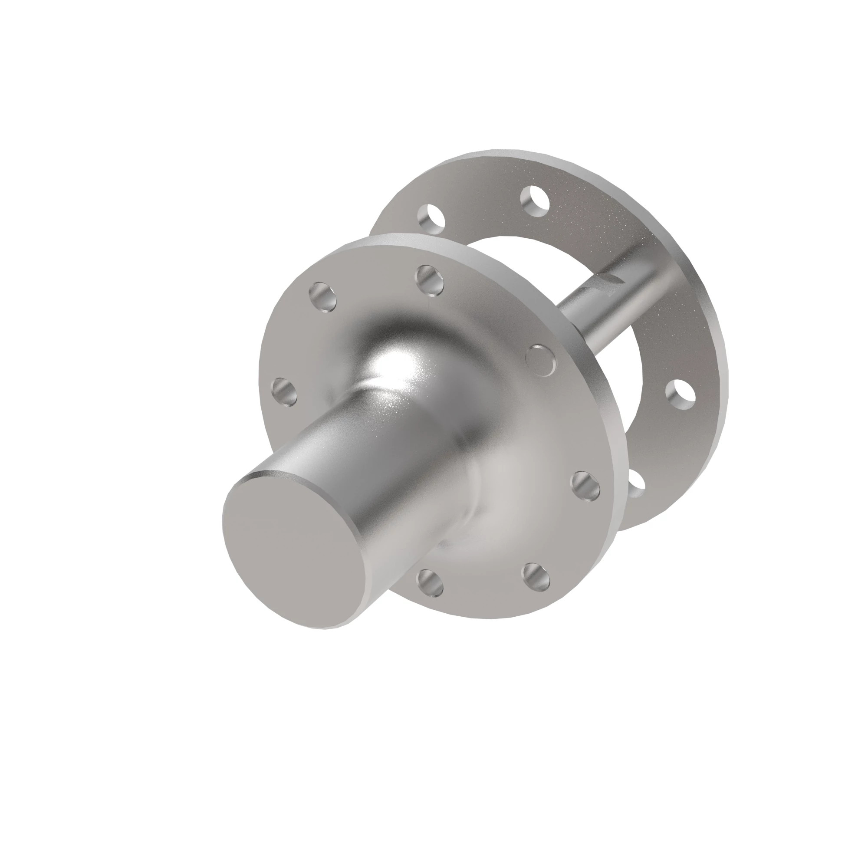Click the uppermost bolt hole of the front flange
coord(431,280)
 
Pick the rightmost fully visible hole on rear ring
coord(681,395)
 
